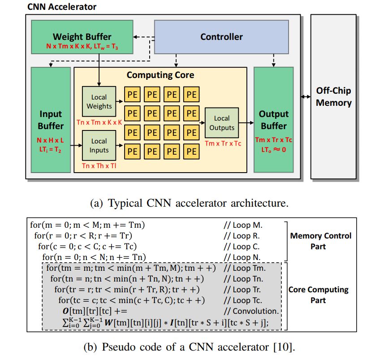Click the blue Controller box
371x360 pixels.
coord(221,37)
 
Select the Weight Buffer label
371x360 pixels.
coord(82,37)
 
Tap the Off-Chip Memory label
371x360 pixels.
coord(334,96)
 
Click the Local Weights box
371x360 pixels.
coord(99,102)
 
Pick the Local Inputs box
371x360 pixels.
coord(99,146)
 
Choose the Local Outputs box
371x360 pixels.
coord(221,123)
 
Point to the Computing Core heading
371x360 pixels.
coord(160,75)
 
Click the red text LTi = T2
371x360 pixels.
coord(51,150)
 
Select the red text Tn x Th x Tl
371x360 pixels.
coord(99,165)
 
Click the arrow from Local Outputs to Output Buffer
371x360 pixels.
coord(246,122)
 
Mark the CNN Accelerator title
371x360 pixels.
coord(61,7)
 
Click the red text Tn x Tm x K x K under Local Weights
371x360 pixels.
coord(101,122)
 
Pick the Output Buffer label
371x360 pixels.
coord(273,120)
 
